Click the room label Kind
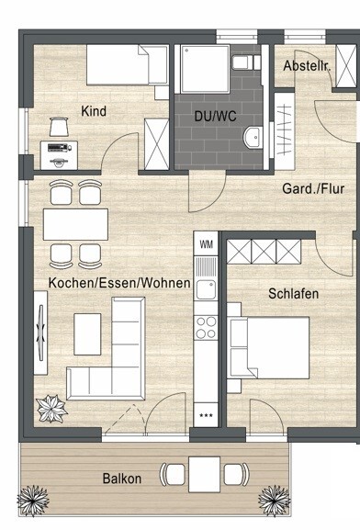coord(95,111)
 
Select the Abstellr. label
coord(305,66)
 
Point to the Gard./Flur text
coord(314,190)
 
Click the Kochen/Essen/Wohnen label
coord(119,283)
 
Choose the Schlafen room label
coord(293,294)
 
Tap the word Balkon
coord(122,479)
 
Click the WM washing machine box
coord(206,244)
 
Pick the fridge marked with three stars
coord(206,415)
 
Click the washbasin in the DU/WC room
coord(253,139)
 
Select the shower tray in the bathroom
coord(201,68)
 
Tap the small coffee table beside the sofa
coord(88,332)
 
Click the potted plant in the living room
coord(50,407)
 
